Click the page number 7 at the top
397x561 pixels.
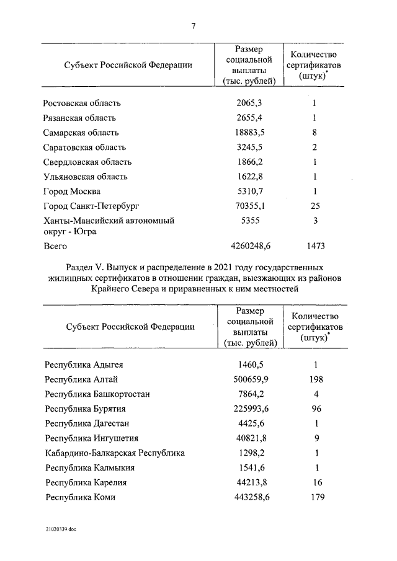[x=194, y=26]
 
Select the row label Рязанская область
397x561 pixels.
[x=79, y=118]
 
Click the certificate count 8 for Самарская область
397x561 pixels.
[x=315, y=133]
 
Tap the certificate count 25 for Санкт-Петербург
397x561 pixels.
[x=315, y=206]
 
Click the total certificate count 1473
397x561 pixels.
[x=315, y=247]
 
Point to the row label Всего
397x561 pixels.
[x=55, y=247]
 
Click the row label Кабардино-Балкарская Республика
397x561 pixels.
[x=115, y=453]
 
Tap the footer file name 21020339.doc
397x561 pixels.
[x=60, y=529]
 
